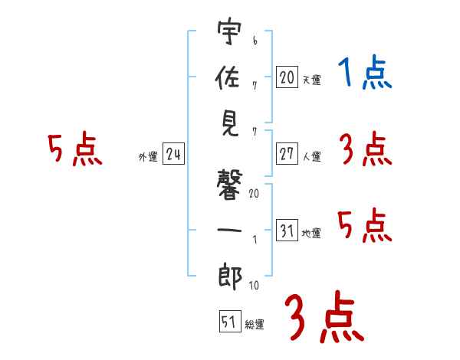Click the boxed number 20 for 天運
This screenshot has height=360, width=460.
286,77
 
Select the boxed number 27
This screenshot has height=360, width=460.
286,153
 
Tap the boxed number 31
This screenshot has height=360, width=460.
286,231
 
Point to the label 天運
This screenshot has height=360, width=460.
312,80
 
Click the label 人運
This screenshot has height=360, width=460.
312,156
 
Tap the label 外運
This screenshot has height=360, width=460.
147,157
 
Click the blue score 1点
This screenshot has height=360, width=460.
365,73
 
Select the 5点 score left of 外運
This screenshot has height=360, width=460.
74,149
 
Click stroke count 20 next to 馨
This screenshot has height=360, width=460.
254,194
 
